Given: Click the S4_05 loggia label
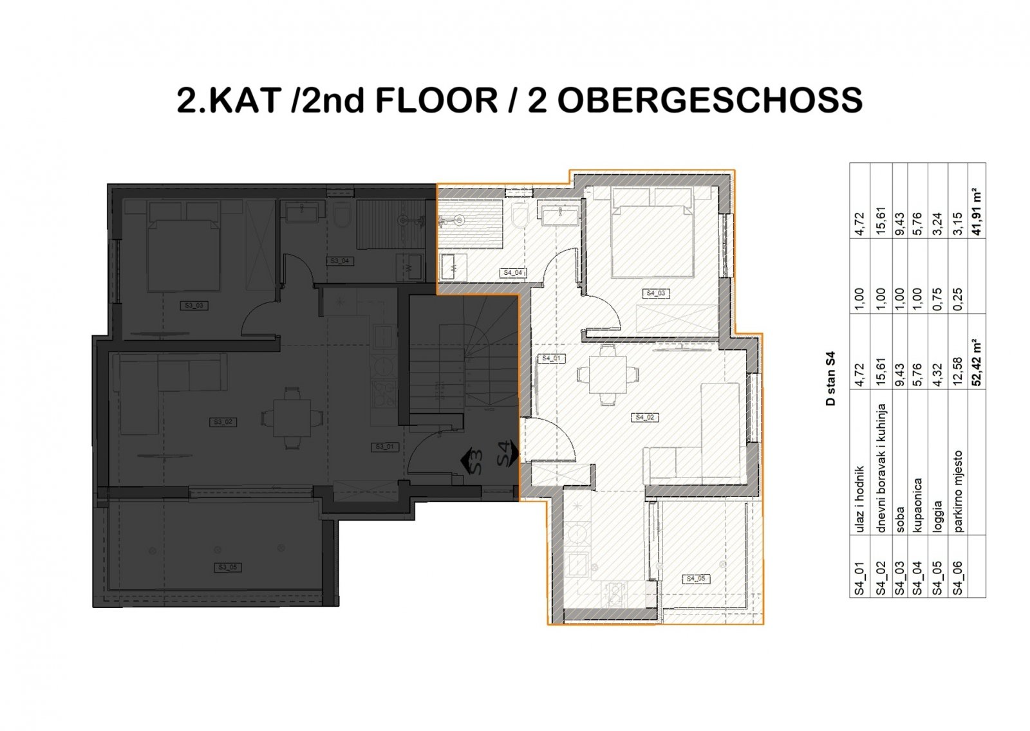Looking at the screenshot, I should pyautogui.click(x=695, y=578).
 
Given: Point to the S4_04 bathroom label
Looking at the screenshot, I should pyautogui.click(x=514, y=273).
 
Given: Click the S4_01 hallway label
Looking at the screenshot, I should pyautogui.click(x=552, y=358).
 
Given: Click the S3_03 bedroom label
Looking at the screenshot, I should pyautogui.click(x=194, y=306).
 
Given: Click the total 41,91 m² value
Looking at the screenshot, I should pyautogui.click(x=977, y=212).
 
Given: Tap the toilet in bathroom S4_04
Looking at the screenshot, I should pyautogui.click(x=520, y=217).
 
